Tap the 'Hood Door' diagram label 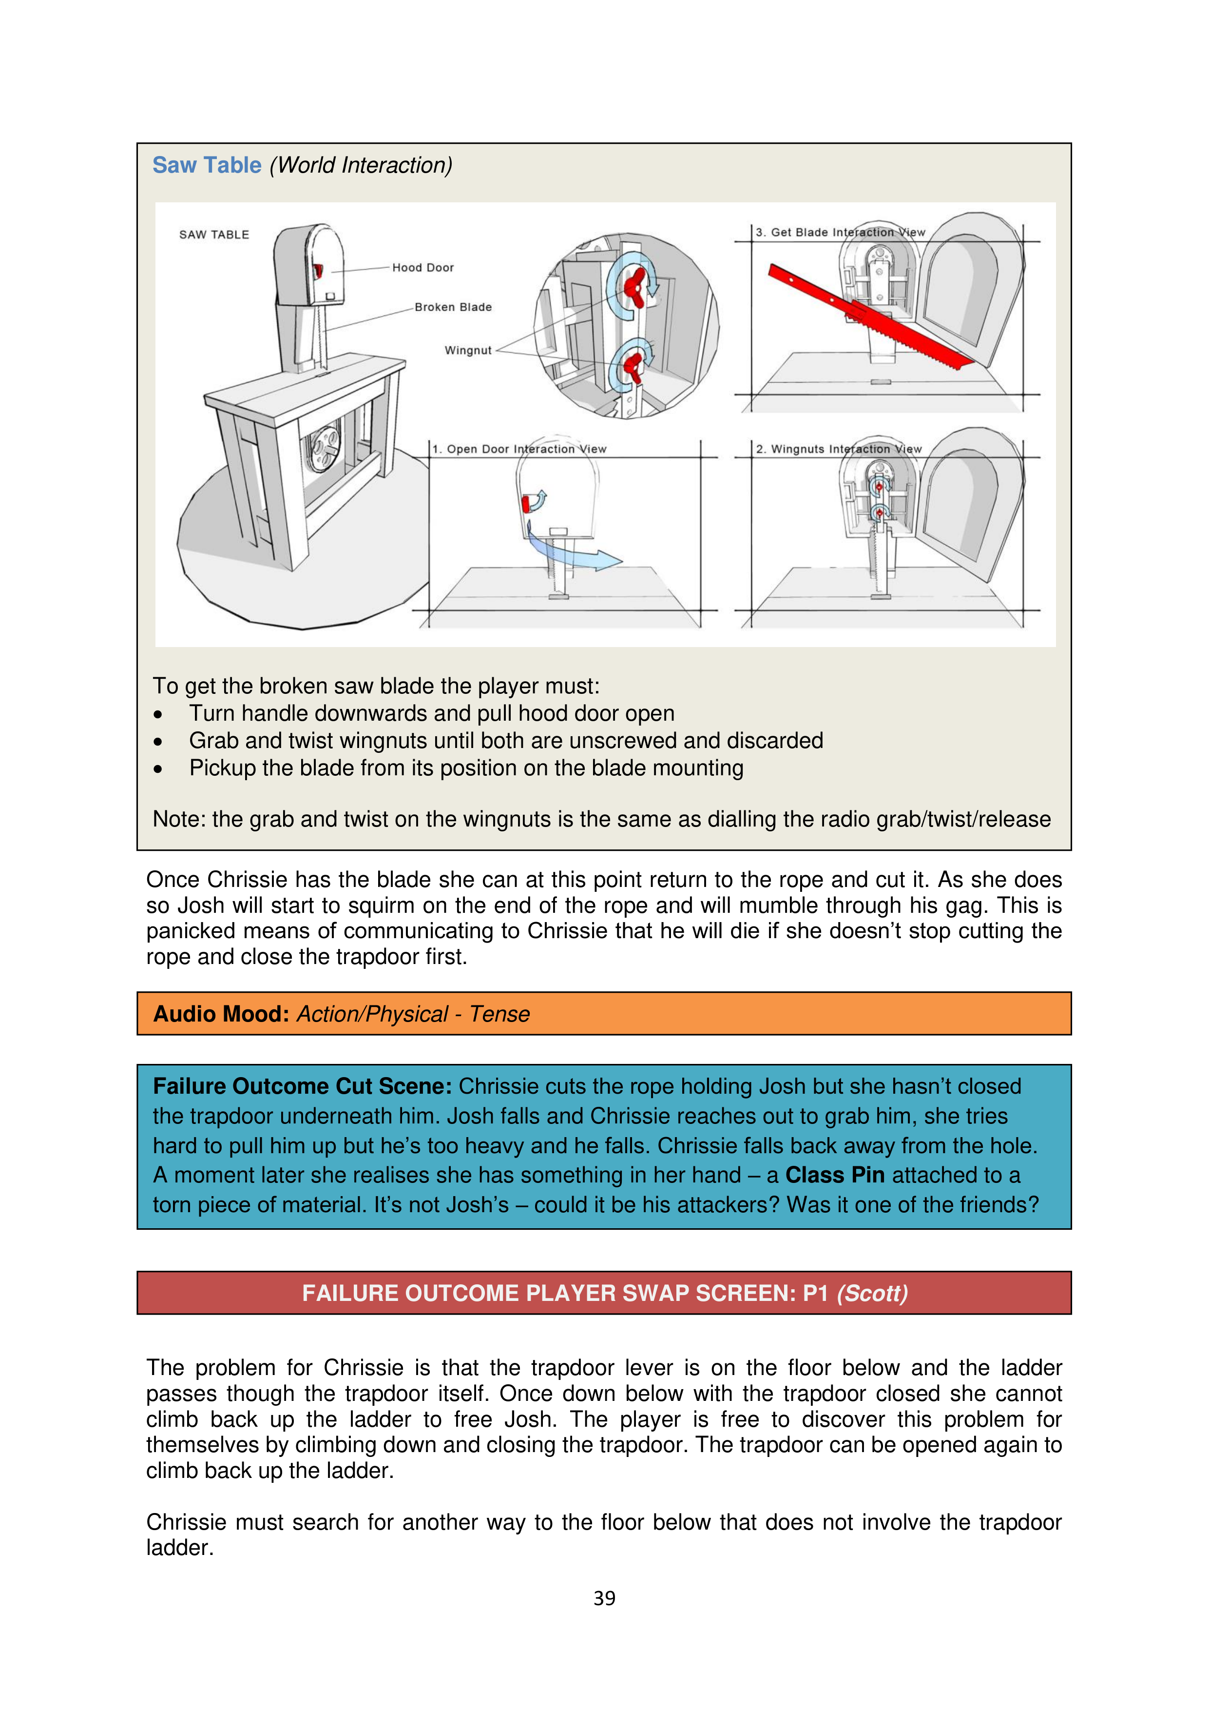pos(422,268)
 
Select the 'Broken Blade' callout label pos(453,307)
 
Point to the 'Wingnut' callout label pos(468,350)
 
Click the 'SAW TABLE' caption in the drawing pos(214,235)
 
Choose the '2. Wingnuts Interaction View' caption pos(838,450)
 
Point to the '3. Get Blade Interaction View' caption pos(840,233)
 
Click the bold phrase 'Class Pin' pos(834,1175)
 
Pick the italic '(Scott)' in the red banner pos(872,1293)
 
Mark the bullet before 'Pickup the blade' pos(158,769)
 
